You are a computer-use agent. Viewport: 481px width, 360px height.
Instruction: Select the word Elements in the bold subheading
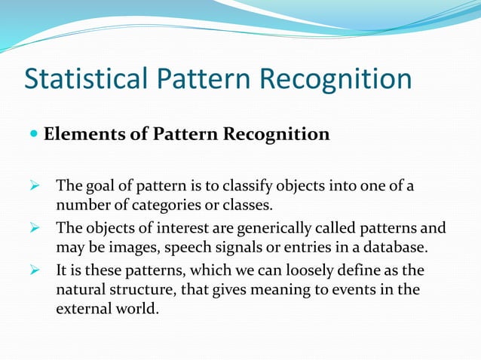[x=78, y=135]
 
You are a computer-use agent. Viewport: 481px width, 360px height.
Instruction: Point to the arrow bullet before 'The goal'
[x=34, y=186]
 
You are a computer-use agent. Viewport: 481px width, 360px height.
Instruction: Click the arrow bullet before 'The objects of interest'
[x=34, y=227]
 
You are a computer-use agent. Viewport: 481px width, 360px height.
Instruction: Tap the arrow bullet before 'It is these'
[x=34, y=269]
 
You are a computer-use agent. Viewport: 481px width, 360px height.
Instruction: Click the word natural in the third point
[x=80, y=289]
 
